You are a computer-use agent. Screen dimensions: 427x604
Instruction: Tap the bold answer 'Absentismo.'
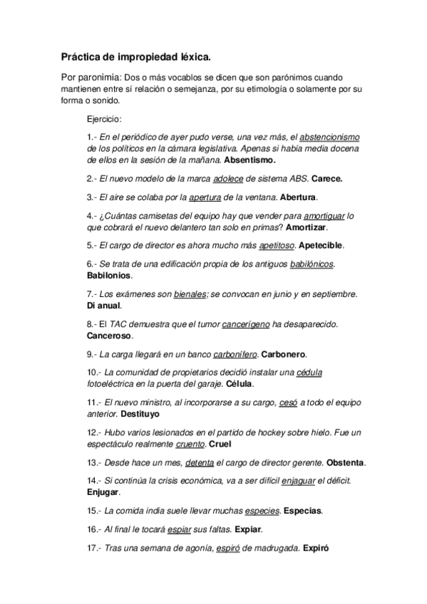point(250,160)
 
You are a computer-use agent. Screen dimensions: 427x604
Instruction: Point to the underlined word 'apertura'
point(205,197)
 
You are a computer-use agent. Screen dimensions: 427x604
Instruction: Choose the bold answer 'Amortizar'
point(305,227)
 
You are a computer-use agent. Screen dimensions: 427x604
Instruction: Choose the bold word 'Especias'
point(303,511)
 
